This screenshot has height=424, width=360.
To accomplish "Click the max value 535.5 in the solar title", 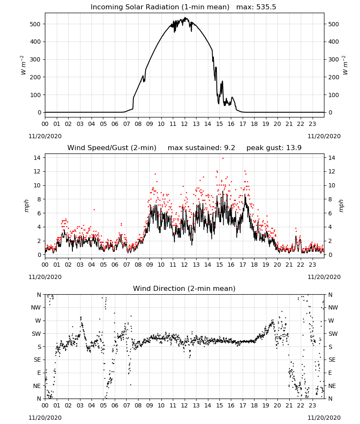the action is [266, 7].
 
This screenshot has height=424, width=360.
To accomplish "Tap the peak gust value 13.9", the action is [293, 148].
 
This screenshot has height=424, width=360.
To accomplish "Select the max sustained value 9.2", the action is [230, 148].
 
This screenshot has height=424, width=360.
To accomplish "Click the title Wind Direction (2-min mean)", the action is [184, 288].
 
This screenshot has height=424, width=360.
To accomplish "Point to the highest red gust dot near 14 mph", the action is [223, 159].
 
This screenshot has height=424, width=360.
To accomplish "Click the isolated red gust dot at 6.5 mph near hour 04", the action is [94, 209].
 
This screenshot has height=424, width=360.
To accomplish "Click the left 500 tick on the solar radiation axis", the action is [35, 24].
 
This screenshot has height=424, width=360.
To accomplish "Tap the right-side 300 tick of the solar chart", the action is [334, 59].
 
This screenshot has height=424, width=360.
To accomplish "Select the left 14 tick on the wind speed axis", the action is [37, 158].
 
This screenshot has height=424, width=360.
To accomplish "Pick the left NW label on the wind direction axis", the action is [36, 308].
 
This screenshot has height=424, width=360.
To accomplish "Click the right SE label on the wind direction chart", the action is [332, 360].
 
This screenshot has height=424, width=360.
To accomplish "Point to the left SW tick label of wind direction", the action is [36, 334].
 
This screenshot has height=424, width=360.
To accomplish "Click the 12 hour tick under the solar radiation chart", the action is [185, 124].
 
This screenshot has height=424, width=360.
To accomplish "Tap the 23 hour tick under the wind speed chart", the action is [313, 265].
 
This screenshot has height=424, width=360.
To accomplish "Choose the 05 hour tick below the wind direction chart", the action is [103, 405].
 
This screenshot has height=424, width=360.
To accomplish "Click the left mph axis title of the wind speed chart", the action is [26, 206].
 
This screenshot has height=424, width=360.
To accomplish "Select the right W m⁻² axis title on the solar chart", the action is [346, 65].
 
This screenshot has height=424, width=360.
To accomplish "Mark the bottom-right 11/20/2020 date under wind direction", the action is [324, 418].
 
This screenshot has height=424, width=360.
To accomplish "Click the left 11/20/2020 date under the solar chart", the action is [45, 136].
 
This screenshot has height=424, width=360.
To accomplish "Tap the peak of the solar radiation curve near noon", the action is [185, 17].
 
